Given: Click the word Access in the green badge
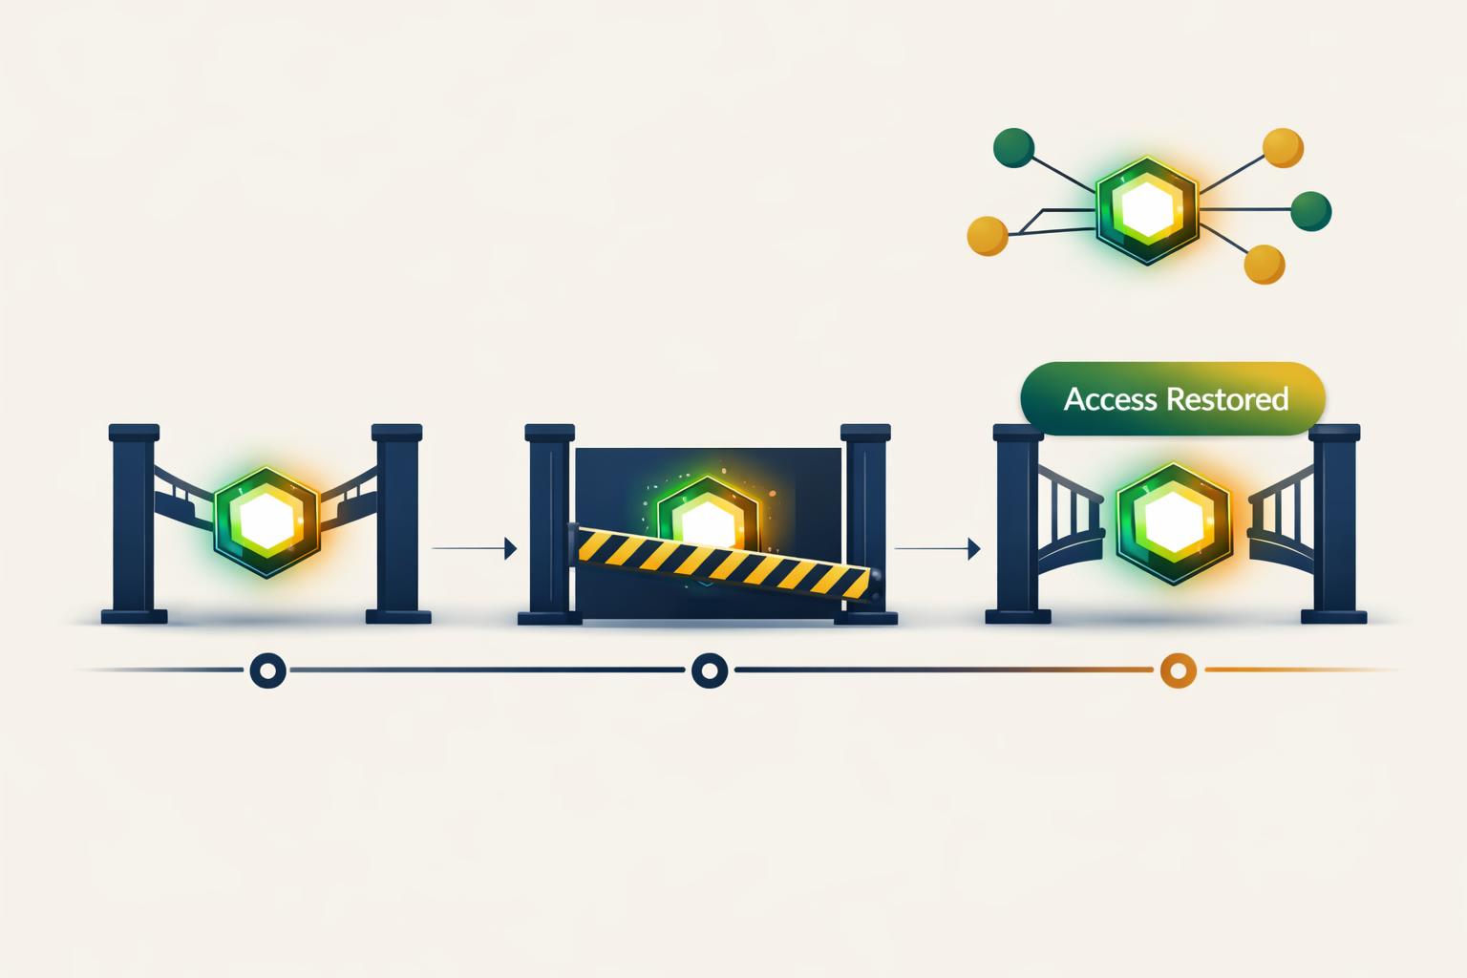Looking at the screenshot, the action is pos(1110,399).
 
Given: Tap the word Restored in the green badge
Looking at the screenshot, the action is pos(1228,399).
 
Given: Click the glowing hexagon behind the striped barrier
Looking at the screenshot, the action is pos(708,514).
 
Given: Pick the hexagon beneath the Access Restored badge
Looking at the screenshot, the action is pos(1174,522).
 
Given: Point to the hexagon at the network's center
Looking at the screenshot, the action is pos(1147,210).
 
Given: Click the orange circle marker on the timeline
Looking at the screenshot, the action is pos(1179,670).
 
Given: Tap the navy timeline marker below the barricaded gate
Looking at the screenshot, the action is pos(710,670).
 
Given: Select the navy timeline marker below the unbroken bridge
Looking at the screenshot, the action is pos(267,670).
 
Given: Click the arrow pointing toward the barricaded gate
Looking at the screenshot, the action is pos(475,548).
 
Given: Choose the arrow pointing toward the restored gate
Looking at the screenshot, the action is pos(937,548).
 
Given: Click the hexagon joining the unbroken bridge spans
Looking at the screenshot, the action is pos(266,521).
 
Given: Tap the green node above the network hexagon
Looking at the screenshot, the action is pos(1013,147).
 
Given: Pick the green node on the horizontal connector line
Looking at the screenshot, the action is pos(1310,211).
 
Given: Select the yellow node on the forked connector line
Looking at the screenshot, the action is pos(988,236).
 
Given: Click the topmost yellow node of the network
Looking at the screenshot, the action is pos(1283,148).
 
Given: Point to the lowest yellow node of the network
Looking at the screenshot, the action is pos(1264,265).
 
